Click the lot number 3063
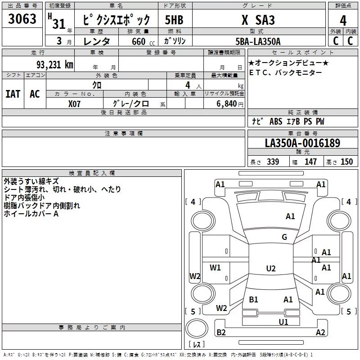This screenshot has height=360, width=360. click(x=22, y=20)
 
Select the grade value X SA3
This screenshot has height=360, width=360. click(x=258, y=20)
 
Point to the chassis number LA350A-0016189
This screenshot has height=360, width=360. click(x=302, y=144)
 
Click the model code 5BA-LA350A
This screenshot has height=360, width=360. click(x=258, y=41)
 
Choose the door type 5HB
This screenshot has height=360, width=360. click(x=174, y=20)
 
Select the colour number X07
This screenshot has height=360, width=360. click(x=75, y=103)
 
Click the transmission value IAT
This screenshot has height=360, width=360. click(x=13, y=94)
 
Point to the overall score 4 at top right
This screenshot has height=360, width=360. click(x=343, y=20)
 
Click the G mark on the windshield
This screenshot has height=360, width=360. click(x=284, y=237)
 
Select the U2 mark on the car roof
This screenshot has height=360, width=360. click(x=270, y=269)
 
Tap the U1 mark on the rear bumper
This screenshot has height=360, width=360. click(x=283, y=322)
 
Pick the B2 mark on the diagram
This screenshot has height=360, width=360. click(x=221, y=333)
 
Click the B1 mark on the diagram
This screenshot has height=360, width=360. click(x=253, y=299)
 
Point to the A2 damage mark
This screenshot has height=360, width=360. click(x=320, y=333)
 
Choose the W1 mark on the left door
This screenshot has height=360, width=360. click(x=216, y=268)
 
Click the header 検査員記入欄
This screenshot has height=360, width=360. click(x=92, y=173)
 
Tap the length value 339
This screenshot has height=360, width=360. click(x=273, y=162)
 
